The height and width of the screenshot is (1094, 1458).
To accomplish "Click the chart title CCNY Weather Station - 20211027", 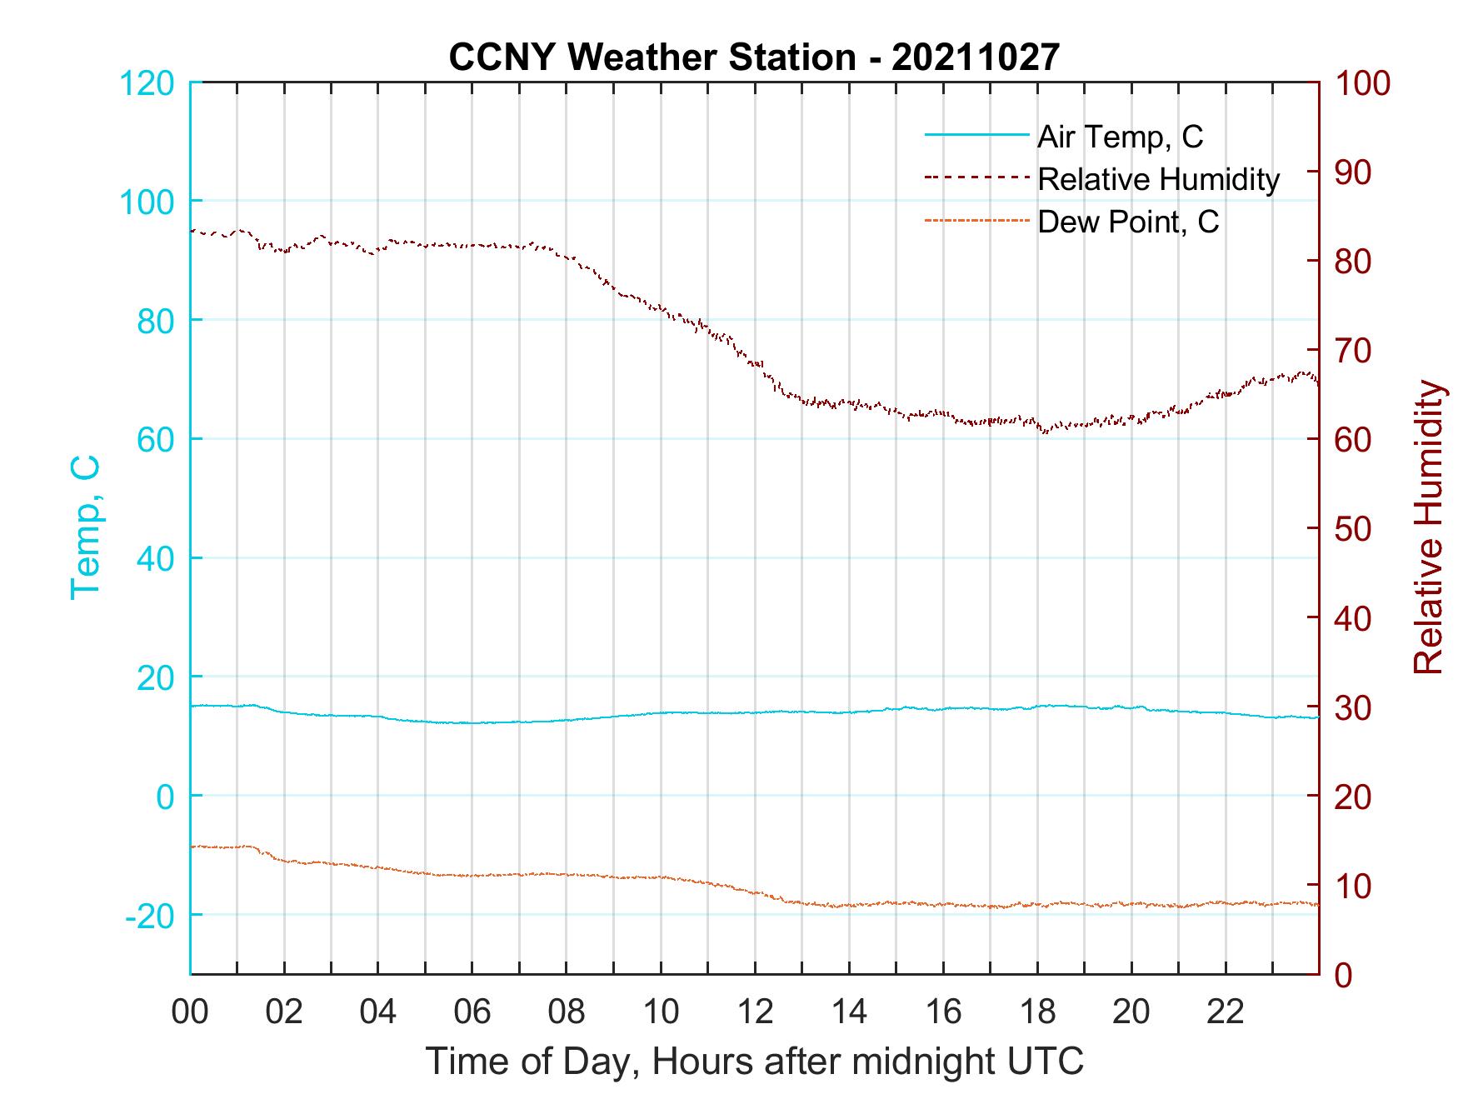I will point(754,57).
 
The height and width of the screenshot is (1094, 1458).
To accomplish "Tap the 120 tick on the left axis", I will point(148,83).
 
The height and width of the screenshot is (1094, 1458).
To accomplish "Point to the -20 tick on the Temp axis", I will point(150,916).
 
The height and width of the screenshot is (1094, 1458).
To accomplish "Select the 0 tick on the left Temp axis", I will point(165,797).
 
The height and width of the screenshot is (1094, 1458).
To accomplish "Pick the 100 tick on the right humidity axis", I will point(1363,83).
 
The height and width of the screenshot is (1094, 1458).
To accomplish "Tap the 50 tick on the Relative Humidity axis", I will point(1355,529).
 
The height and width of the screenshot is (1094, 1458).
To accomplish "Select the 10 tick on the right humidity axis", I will point(1355,886).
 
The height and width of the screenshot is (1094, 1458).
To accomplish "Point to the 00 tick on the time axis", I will point(190,1012).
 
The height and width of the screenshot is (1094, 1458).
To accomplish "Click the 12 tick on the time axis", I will point(755,1012).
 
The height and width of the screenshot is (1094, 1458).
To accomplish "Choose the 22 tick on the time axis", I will point(1226,1012).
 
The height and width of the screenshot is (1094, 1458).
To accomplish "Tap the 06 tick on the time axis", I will point(472,1012).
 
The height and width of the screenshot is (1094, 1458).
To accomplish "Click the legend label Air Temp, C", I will point(1120,137).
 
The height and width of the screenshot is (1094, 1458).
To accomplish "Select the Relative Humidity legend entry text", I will point(1158,179).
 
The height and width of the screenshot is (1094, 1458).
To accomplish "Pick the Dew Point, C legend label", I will point(1128,222).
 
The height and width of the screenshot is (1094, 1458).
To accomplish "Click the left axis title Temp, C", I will point(85,527).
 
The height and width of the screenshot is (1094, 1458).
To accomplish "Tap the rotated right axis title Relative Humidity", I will point(1428,527).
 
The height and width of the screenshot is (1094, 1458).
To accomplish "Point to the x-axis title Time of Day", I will point(754,1062).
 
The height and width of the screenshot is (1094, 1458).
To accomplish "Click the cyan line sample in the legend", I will point(976,136).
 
